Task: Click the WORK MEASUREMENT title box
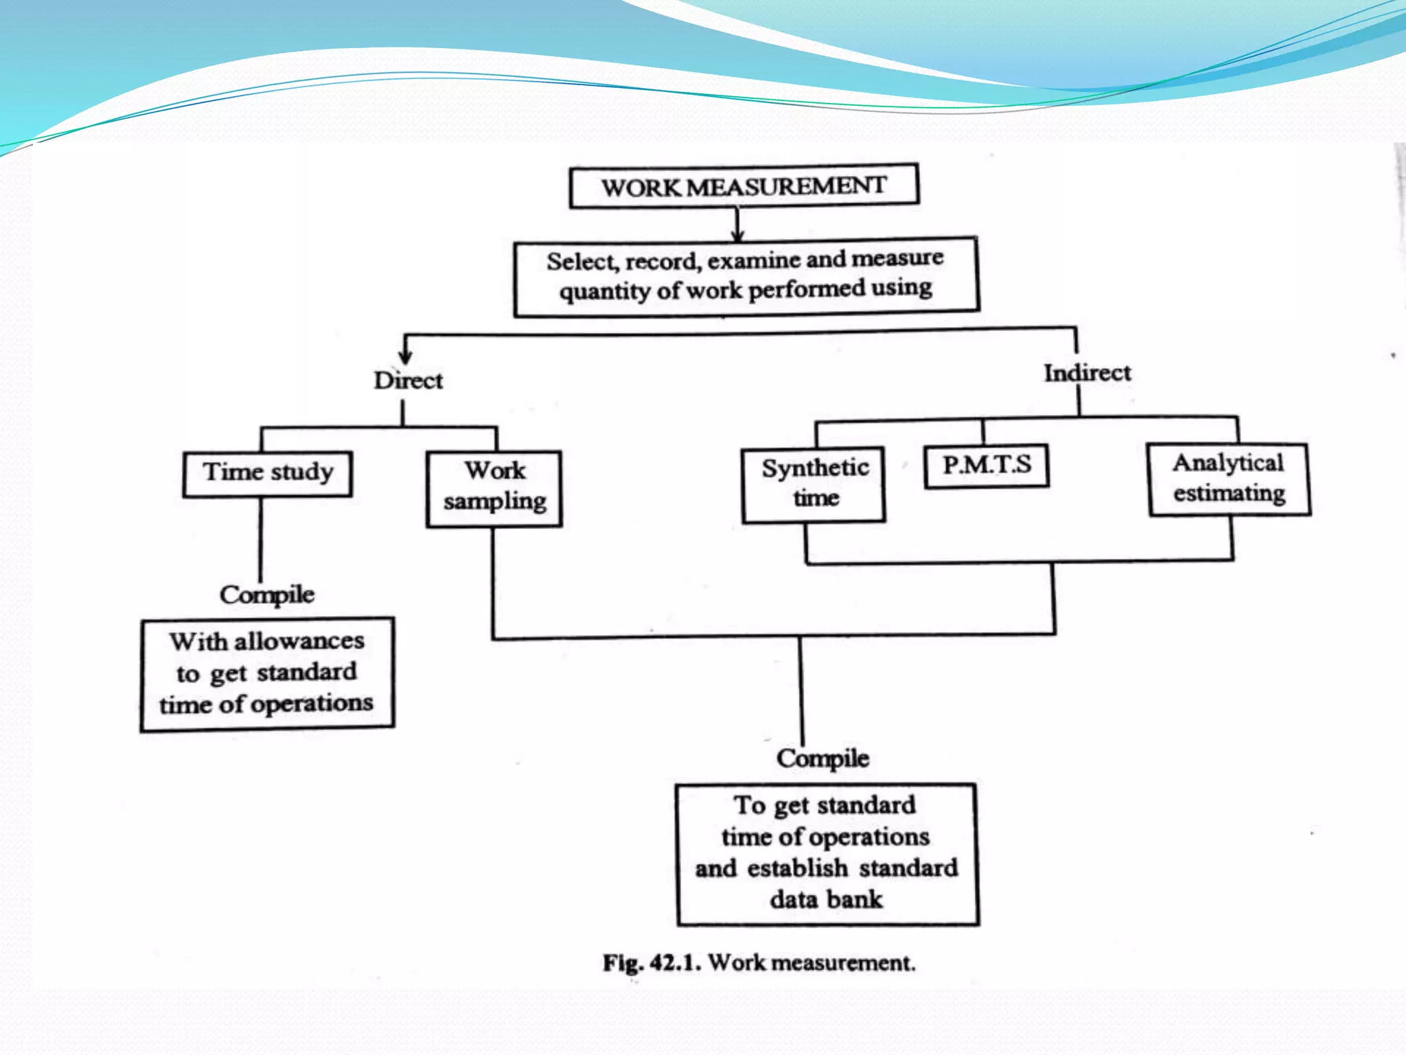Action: point(744,186)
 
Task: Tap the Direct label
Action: point(408,381)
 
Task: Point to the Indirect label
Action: point(1087,373)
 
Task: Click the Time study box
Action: point(268,473)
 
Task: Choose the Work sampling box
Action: point(494,488)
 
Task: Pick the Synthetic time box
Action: point(814,484)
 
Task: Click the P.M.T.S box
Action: point(987,466)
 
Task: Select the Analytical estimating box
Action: point(1229,479)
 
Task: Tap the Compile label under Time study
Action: point(267,595)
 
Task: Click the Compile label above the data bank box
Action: point(822,758)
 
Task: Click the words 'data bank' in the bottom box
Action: point(826,900)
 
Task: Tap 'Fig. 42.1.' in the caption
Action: point(651,963)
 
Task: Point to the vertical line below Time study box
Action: point(261,539)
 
